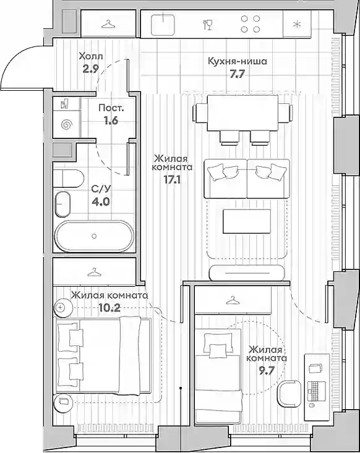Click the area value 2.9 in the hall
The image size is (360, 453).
[x=91, y=69]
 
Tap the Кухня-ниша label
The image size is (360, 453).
[x=238, y=61]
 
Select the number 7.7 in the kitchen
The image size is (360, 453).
[x=237, y=75]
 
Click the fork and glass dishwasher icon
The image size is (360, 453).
[x=208, y=24]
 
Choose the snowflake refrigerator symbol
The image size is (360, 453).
[x=297, y=25]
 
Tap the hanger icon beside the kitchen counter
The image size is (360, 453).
[x=108, y=24]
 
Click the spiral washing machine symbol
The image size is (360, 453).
[x=66, y=125]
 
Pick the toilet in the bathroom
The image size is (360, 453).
[x=69, y=178]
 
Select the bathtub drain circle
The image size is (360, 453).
[x=94, y=236]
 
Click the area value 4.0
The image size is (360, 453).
[x=101, y=201]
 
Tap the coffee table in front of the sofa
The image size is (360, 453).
[x=247, y=221]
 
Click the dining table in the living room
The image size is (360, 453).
[x=243, y=112]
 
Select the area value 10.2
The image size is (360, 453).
[x=109, y=308]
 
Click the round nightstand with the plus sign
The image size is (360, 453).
[x=62, y=307]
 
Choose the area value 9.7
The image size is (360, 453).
[x=267, y=371]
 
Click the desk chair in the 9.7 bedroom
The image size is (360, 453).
[x=289, y=394]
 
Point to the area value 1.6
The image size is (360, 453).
[x=111, y=121]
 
